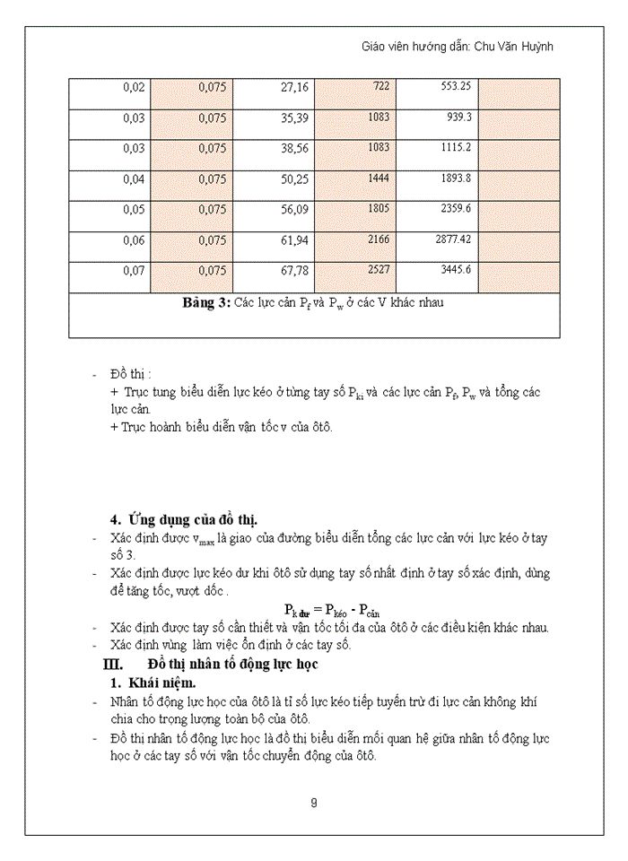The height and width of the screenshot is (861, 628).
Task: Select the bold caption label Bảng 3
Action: click(x=207, y=302)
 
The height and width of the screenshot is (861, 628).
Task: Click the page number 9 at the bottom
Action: click(x=313, y=803)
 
